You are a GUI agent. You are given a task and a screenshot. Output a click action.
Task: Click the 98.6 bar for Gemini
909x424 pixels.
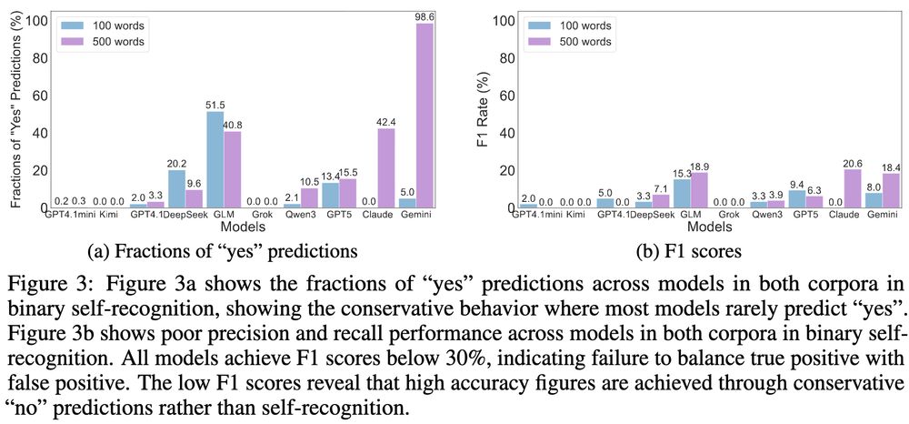point(424,116)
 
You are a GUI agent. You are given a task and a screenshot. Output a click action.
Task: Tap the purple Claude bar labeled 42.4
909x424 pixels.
point(385,168)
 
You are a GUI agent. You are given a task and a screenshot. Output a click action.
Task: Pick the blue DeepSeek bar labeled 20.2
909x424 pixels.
point(177,189)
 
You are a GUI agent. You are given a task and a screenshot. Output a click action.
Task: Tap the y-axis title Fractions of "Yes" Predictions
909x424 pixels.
point(15,109)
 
